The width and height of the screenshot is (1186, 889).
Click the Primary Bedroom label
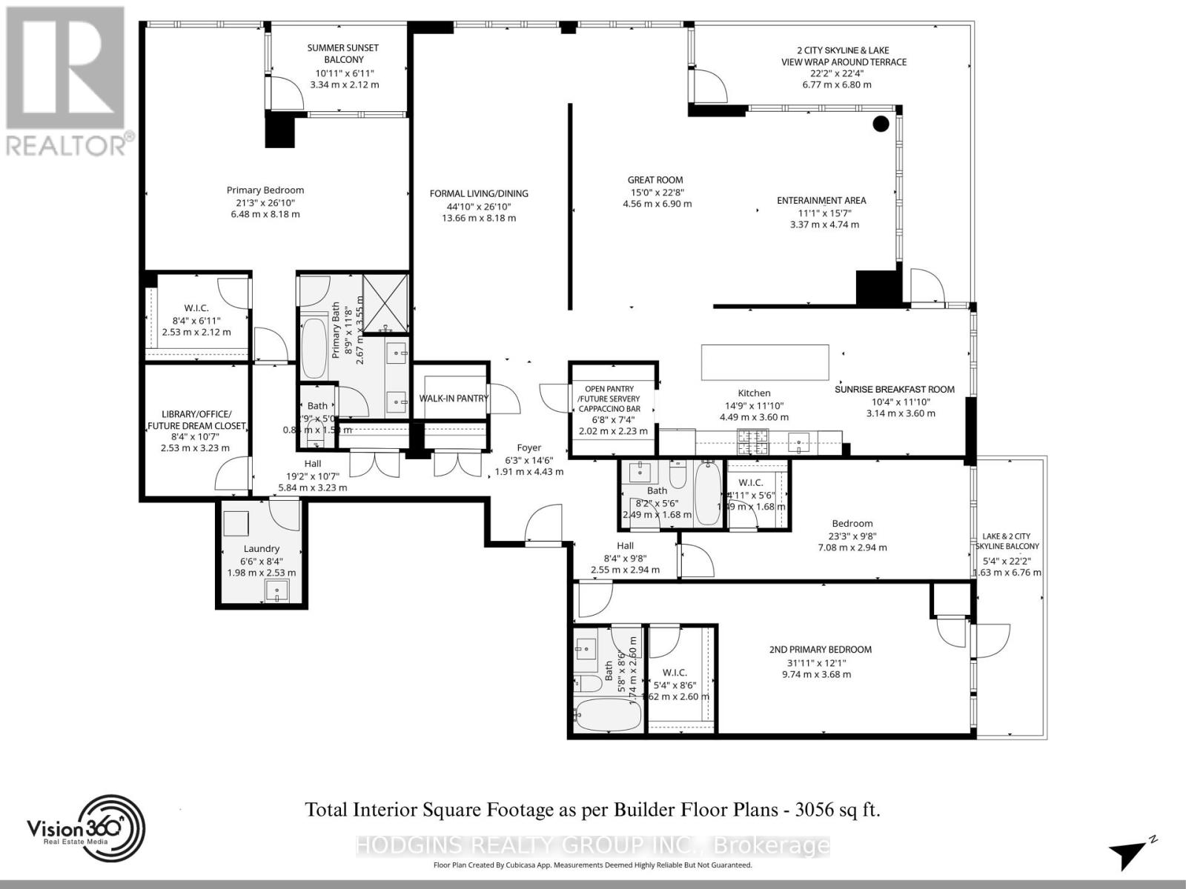(265, 190)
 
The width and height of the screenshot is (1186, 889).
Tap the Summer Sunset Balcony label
(342, 53)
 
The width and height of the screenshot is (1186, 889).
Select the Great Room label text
(655, 180)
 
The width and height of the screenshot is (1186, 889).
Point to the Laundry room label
(261, 549)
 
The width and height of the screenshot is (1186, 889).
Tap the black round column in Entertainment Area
(881, 124)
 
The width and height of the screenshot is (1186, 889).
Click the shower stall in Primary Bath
(385, 302)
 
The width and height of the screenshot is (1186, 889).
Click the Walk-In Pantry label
(454, 399)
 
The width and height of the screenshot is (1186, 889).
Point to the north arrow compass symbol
(1130, 854)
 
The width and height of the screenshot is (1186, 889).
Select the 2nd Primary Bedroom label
(820, 650)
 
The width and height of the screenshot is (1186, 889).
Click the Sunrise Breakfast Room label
(894, 390)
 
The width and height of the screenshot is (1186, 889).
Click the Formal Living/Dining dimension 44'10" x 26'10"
(479, 206)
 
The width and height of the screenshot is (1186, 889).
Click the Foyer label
(529, 448)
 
